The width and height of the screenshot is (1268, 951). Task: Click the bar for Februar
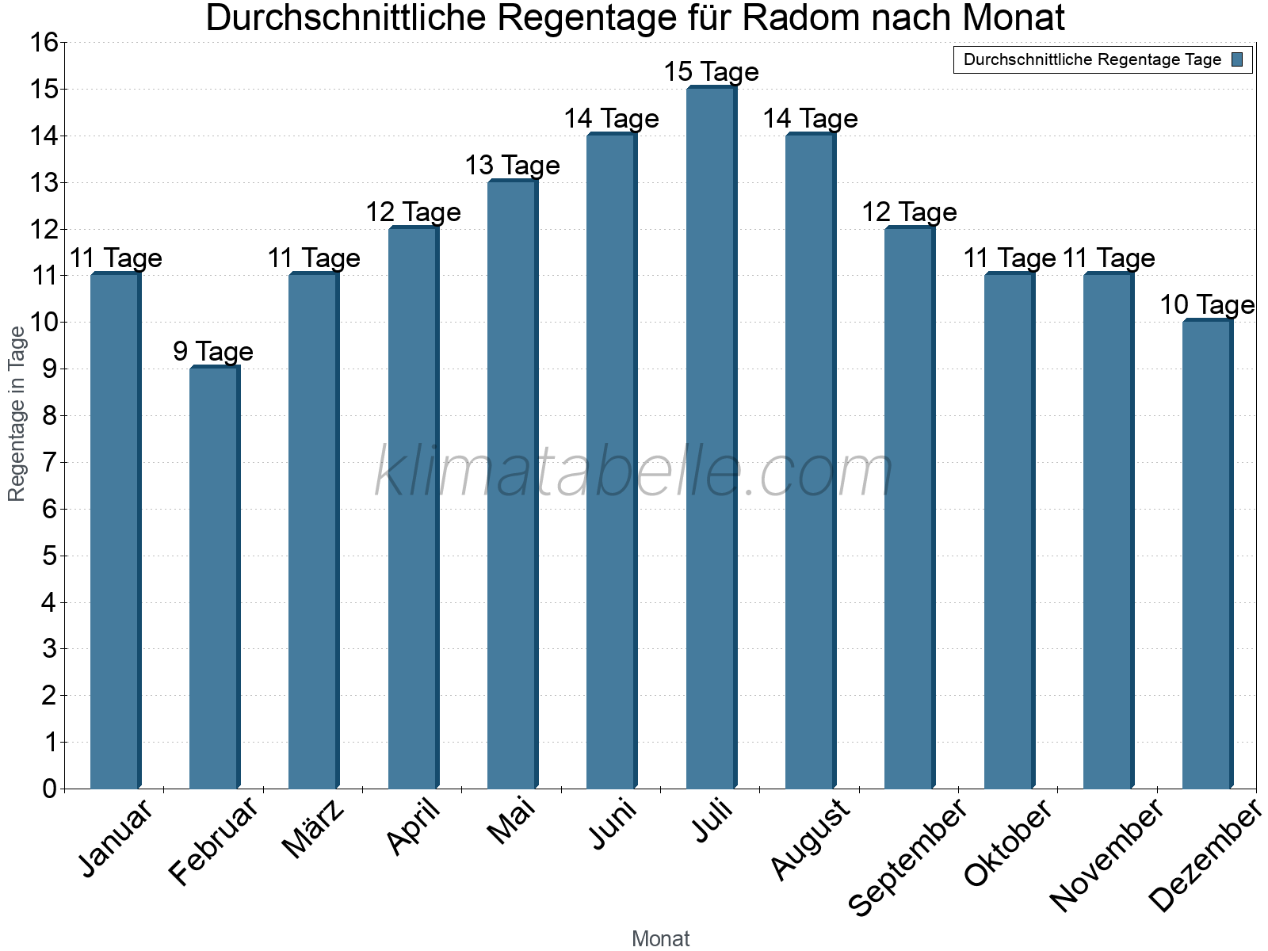pyautogui.click(x=214, y=578)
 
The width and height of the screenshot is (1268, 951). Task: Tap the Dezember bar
pyautogui.click(x=1207, y=554)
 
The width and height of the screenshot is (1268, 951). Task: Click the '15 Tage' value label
pyautogui.click(x=711, y=72)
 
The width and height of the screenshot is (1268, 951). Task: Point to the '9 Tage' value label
pyautogui.click(x=213, y=352)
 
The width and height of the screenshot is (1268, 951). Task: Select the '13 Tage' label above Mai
pyautogui.click(x=512, y=166)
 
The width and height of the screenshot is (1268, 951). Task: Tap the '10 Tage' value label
pyautogui.click(x=1207, y=305)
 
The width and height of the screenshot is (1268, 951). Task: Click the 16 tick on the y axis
pyautogui.click(x=45, y=43)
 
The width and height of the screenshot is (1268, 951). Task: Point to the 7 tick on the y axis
pyautogui.click(x=50, y=462)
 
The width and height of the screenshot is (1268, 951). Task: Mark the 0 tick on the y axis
pyautogui.click(x=50, y=789)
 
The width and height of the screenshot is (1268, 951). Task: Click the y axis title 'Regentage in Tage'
pyautogui.click(x=17, y=414)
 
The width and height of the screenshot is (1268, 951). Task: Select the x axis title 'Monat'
pyautogui.click(x=660, y=939)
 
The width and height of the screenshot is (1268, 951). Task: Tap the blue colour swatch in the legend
pyautogui.click(x=1237, y=59)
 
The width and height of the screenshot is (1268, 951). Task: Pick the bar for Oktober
pyautogui.click(x=1009, y=531)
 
